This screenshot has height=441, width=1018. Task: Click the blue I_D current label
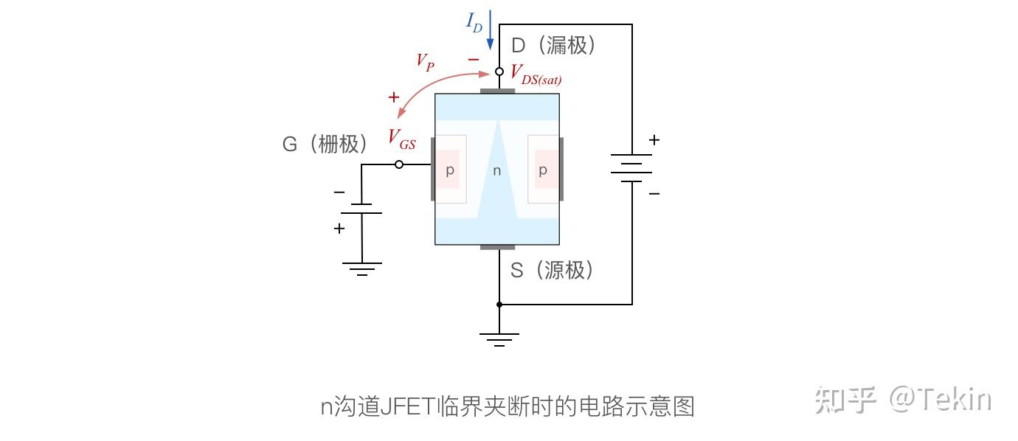pos(474,21)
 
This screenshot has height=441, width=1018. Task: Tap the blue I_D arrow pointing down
pos(490,29)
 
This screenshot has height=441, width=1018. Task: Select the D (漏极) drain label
pos(553,46)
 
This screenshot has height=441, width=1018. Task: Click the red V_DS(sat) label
pos(536,74)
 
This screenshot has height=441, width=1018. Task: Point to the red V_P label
pos(425,62)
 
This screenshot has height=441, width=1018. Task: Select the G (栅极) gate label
pos(325,144)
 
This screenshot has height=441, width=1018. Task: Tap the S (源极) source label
pos(552,271)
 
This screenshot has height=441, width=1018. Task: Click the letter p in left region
pos(449,170)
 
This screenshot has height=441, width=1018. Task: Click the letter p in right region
pos(543,170)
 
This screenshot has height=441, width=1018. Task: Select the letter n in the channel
pos(496,171)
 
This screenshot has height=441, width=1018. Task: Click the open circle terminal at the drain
pos(499,72)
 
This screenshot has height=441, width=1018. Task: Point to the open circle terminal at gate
pos(399,164)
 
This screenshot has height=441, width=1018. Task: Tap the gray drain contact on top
pos(497,91)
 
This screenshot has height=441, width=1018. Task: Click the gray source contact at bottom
pos(497,247)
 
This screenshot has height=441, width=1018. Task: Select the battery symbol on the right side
pos(631,167)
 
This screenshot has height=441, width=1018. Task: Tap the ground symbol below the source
pos(499,339)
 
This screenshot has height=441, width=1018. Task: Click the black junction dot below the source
pos(499,304)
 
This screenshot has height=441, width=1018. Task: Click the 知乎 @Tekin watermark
pos(903,400)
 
